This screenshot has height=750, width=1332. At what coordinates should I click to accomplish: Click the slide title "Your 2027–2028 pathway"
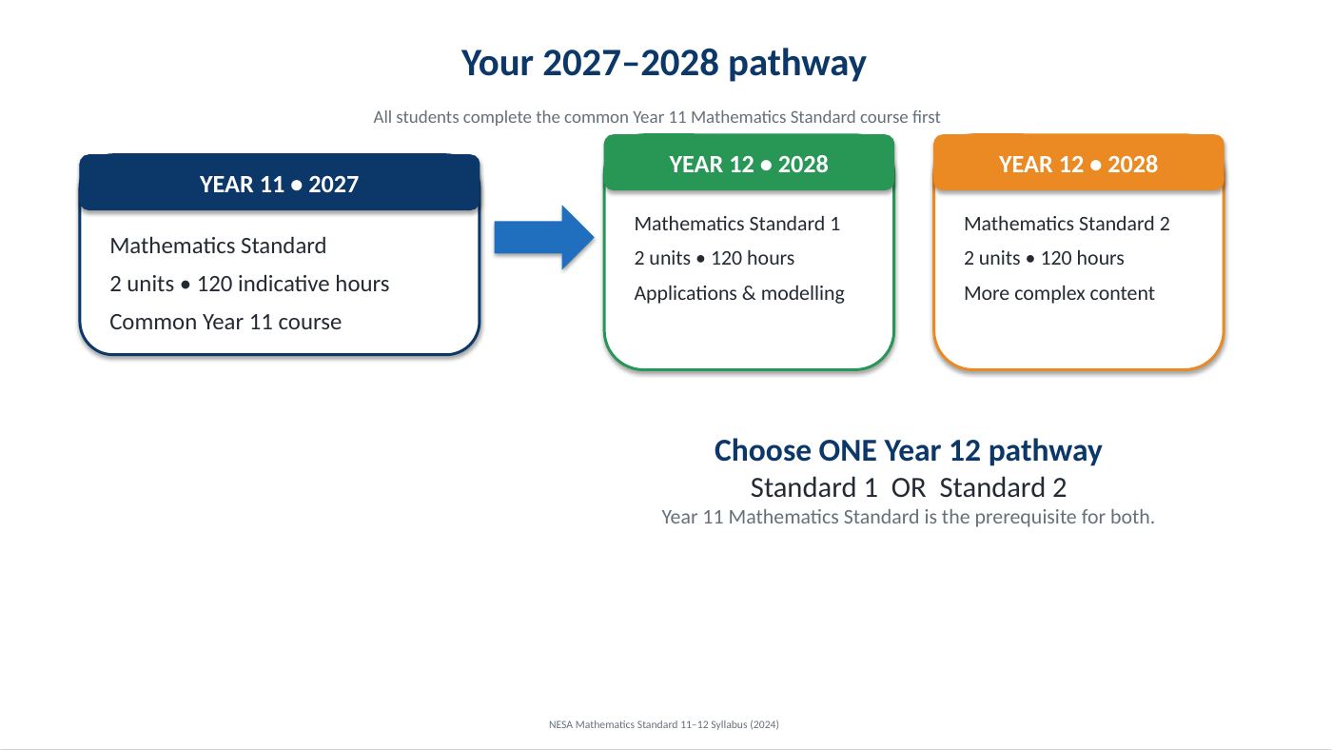pos(664,63)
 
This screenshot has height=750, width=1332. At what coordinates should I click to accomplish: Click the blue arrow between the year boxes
pos(543,237)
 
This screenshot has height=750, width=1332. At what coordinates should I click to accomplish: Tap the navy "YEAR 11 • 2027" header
pos(280,183)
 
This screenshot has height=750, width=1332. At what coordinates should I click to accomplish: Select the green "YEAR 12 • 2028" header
pos(749,163)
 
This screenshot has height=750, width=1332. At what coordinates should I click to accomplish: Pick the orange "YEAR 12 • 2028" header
pos(1079,163)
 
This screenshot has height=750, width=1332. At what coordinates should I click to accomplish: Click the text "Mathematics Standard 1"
pos(736,224)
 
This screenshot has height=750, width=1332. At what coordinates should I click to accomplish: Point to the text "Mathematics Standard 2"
pos(1067,224)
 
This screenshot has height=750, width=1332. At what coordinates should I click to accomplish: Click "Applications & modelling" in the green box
pos(739,293)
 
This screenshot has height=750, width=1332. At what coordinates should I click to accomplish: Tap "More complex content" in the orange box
pos(1059,293)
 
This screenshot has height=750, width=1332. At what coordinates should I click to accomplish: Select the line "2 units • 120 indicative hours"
pos(249,284)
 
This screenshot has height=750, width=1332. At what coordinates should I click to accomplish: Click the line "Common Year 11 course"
pos(225,322)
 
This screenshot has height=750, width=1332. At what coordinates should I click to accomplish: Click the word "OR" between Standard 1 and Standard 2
pos(908,487)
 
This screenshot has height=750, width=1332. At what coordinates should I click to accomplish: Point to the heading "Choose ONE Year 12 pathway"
pos(908,450)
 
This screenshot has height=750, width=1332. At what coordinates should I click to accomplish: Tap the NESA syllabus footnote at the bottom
pos(664,724)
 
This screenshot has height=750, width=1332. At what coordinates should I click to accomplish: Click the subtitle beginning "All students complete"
pos(656,117)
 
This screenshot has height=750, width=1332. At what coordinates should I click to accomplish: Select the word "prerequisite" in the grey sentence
pos(1026,517)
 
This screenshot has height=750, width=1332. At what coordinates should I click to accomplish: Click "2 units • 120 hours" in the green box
pos(715,258)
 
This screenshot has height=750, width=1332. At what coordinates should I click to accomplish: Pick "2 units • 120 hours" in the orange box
pos(1044,258)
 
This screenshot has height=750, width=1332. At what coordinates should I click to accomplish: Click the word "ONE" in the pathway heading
pos(848,450)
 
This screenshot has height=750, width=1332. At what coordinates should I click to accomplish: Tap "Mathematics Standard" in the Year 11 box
pos(218,246)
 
